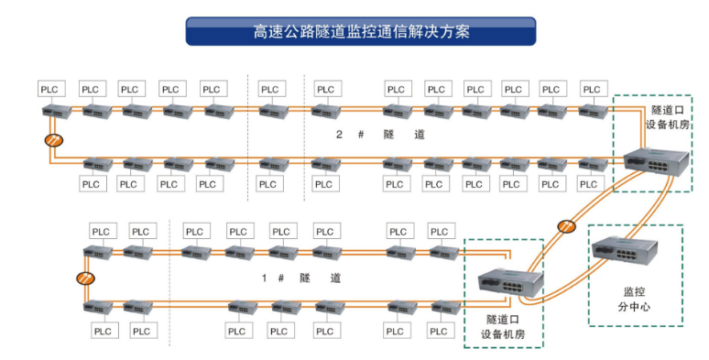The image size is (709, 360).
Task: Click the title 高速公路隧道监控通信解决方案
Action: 361,31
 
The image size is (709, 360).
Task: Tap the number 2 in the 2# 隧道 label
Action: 338,135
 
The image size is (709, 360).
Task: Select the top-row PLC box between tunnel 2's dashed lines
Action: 269,89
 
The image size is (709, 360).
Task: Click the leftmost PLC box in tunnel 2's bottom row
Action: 92,184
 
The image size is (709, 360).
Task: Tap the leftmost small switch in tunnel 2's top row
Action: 54,111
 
